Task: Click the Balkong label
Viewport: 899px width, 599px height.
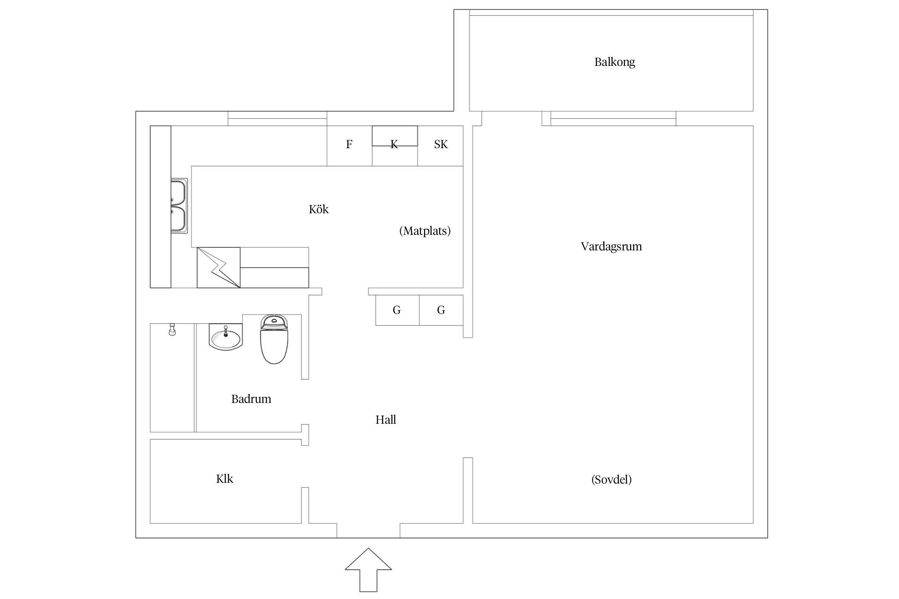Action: coord(615,62)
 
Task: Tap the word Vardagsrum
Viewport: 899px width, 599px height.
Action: coord(611,246)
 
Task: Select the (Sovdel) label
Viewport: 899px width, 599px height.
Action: coord(611,480)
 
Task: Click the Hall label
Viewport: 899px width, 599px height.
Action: coord(386,420)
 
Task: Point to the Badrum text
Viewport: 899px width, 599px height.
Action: coord(251,399)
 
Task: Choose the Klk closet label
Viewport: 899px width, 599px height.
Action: coord(224,479)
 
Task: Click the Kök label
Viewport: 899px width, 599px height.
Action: coord(318,209)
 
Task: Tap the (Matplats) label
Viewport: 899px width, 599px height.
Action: coord(425,231)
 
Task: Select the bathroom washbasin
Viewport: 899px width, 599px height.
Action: coord(226,338)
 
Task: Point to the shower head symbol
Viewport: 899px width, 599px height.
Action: coord(172,330)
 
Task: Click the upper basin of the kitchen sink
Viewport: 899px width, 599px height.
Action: coord(178,193)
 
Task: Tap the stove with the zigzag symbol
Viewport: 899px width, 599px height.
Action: coord(218,268)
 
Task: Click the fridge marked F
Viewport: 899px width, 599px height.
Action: coord(349,145)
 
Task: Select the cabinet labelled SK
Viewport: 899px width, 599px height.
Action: coord(440,145)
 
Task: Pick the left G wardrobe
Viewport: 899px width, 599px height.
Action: coord(397,310)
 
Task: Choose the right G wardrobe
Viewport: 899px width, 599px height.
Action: coord(441,310)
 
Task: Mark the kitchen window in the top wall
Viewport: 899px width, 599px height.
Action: coord(277,119)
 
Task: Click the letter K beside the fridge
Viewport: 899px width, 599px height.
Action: coord(394,145)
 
